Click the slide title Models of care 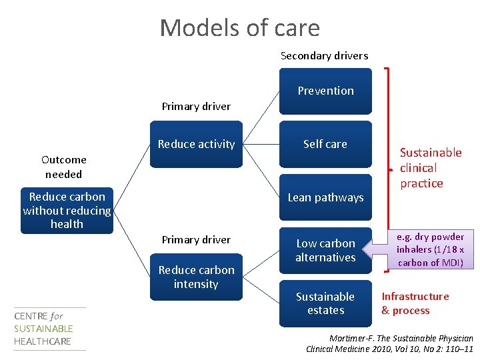(239, 28)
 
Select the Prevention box (325, 91)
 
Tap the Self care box (325, 144)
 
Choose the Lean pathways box (325, 197)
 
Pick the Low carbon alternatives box (325, 250)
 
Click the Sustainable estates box (325, 303)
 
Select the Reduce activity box (196, 144)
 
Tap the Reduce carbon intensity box (196, 277)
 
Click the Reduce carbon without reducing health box (67, 211)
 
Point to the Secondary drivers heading (324, 56)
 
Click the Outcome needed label (63, 167)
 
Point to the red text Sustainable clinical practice (430, 168)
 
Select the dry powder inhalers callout (431, 249)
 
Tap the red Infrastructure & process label (415, 303)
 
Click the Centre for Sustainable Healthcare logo (44, 329)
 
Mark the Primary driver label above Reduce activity (196, 106)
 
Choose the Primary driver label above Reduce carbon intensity (196, 239)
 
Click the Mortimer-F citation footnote (389, 343)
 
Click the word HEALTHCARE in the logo (43, 341)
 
